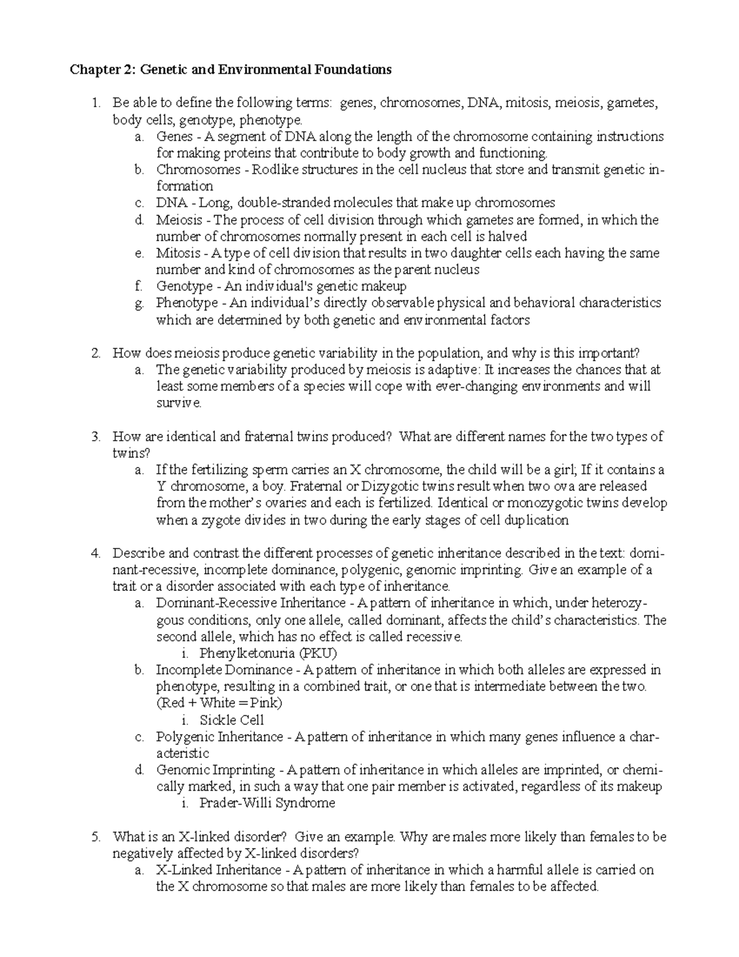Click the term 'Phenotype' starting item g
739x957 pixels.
187,303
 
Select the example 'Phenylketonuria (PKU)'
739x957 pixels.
268,653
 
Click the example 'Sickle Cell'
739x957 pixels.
232,720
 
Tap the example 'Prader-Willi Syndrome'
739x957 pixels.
267,803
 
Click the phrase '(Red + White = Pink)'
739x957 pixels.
219,703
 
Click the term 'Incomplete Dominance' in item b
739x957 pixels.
224,670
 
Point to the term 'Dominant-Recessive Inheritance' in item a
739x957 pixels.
251,603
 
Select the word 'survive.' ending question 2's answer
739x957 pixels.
179,403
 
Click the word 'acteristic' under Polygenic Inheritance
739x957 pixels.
183,753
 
